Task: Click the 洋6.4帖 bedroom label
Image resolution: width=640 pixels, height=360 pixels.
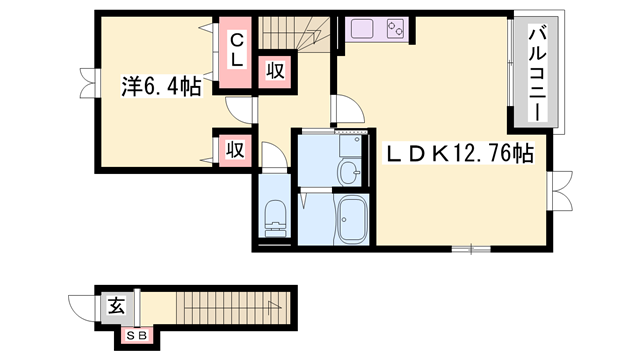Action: (159, 88)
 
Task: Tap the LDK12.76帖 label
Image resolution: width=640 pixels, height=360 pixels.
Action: (460, 154)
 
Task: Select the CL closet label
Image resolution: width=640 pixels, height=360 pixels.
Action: (237, 51)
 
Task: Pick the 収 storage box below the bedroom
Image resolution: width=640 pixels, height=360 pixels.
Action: (234, 151)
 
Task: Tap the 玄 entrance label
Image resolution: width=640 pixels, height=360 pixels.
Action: (116, 306)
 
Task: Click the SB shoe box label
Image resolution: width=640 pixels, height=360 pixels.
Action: (137, 335)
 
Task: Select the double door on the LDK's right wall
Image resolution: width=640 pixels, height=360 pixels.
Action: (561, 190)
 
